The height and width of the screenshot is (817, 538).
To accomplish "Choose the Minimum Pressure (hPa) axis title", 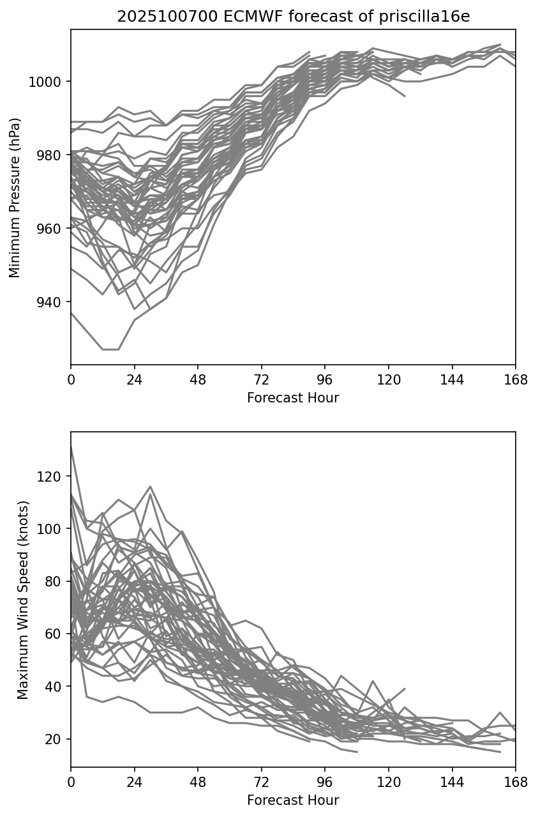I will pos(15,197).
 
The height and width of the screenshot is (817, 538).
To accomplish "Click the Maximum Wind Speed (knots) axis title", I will pos(23,600).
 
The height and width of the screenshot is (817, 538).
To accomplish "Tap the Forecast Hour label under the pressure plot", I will pos(293,398).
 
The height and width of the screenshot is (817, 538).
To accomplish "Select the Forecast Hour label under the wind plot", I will pos(293,800).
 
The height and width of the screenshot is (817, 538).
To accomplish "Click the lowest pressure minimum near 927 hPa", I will pos(110,349).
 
